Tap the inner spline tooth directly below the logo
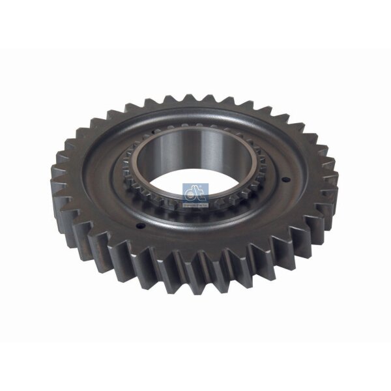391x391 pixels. click(x=195, y=218)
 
